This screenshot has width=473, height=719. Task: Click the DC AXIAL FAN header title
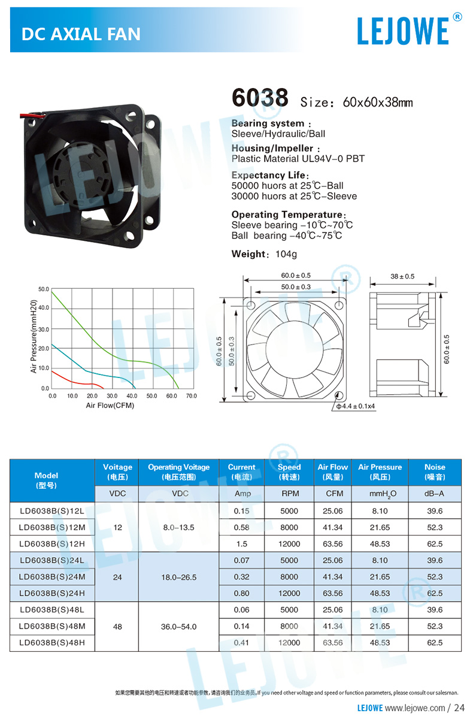coord(81,34)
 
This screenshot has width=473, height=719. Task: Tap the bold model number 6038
coord(260,98)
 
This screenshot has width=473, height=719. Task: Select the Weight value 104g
coord(286,254)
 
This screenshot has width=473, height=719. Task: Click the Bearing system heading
coord(268,123)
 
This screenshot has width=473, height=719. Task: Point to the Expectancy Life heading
coord(269,176)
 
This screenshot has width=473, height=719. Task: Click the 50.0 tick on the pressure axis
coord(43,289)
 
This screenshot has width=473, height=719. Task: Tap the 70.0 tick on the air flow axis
coord(191,396)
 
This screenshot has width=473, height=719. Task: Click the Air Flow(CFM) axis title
coord(110,406)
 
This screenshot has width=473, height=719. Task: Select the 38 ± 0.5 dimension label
coord(402,276)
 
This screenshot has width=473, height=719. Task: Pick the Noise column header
coord(435,472)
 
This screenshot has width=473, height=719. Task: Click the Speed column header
coord(289,472)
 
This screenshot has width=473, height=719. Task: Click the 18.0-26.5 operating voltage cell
coord(180,577)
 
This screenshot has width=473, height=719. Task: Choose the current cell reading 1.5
coord(241,544)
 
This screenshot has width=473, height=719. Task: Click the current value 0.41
coord(241,643)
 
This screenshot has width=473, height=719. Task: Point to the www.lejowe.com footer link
coord(419,708)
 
